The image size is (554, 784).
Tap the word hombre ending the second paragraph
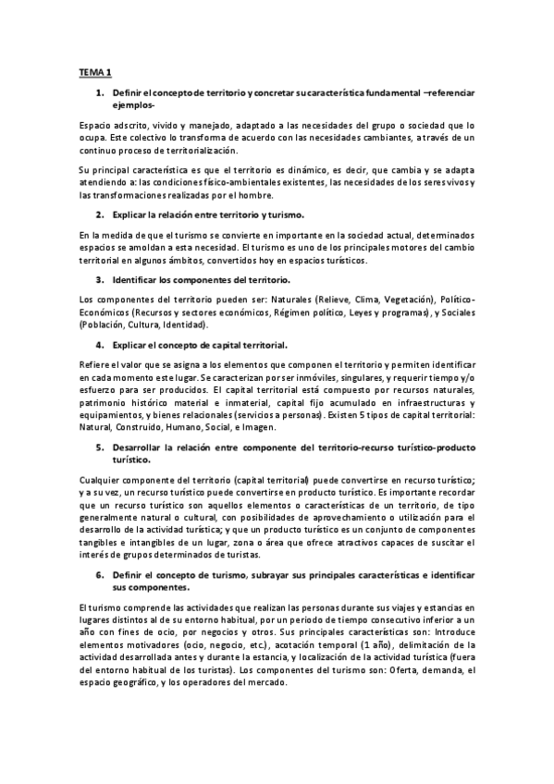click(x=254, y=194)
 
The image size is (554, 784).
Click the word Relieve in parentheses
click(x=340, y=301)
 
